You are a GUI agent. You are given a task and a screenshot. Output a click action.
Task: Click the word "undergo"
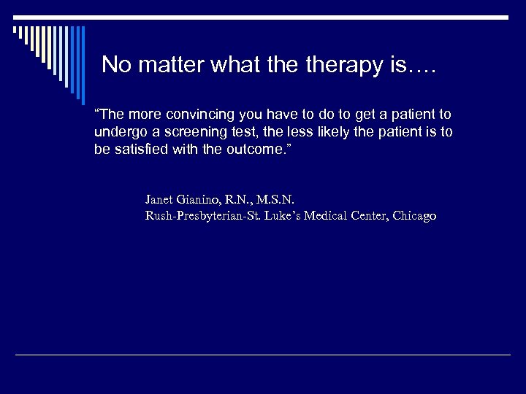(x=118, y=132)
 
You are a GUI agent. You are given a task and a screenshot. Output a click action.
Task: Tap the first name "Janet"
(x=159, y=198)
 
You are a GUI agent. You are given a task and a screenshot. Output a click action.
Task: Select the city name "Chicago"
(x=415, y=216)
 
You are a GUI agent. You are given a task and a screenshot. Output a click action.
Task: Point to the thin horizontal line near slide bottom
(x=263, y=355)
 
